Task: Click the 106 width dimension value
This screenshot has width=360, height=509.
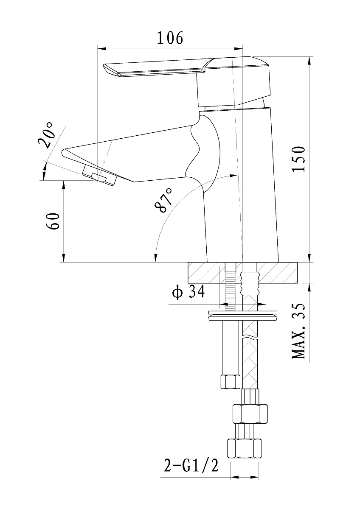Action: point(170,38)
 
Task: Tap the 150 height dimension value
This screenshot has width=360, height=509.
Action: point(298,159)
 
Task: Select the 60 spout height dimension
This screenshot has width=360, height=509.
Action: point(53,221)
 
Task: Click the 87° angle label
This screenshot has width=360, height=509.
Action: point(163,200)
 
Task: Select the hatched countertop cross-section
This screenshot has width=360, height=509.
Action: point(243,273)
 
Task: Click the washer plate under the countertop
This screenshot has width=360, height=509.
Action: point(243,316)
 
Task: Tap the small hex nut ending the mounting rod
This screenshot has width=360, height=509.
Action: point(231,381)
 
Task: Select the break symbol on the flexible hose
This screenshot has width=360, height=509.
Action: point(250,336)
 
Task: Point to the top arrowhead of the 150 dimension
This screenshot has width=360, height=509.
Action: point(309,61)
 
